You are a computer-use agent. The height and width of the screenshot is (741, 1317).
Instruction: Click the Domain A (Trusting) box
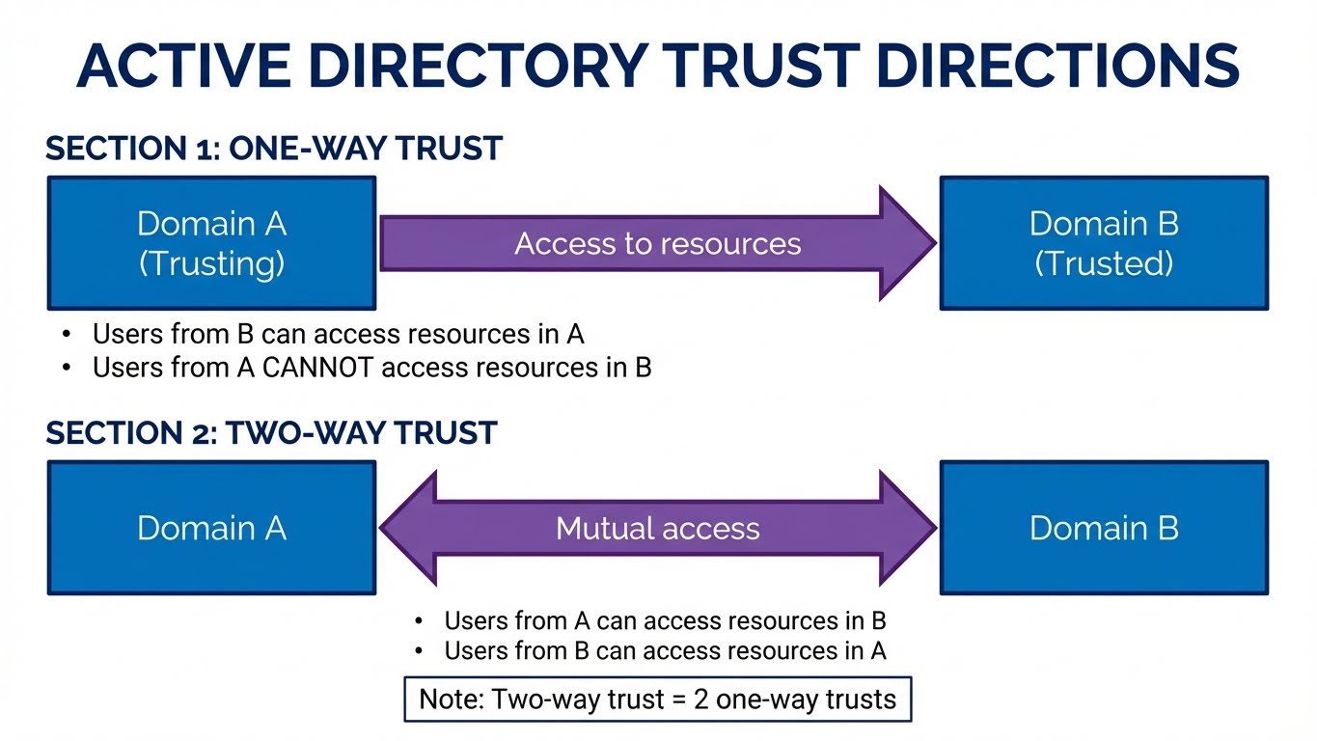click(211, 242)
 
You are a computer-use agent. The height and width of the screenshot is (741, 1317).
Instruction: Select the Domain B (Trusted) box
click(1104, 242)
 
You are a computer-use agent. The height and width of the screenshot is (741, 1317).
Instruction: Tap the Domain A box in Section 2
click(211, 528)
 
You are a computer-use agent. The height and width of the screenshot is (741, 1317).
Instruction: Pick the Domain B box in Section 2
click(1104, 528)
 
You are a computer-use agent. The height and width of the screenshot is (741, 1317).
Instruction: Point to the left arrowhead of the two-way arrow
click(410, 528)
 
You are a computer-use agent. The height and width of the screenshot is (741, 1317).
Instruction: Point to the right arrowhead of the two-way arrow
click(907, 528)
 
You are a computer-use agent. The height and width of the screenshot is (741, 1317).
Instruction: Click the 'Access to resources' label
click(657, 243)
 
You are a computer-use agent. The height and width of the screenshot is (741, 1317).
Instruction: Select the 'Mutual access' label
click(657, 528)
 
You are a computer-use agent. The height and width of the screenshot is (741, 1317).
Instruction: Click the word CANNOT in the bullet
click(297, 368)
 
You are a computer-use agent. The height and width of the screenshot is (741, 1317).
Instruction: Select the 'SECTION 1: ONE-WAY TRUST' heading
click(274, 149)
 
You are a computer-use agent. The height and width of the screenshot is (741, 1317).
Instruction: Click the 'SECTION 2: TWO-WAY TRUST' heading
click(271, 433)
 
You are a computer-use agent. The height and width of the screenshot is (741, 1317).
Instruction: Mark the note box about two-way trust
click(657, 700)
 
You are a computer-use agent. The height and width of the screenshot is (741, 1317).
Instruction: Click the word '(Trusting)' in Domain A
click(211, 263)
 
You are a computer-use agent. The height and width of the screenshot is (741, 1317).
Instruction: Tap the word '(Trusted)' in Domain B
click(1104, 263)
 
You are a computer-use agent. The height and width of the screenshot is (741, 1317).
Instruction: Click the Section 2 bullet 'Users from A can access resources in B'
click(665, 620)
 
